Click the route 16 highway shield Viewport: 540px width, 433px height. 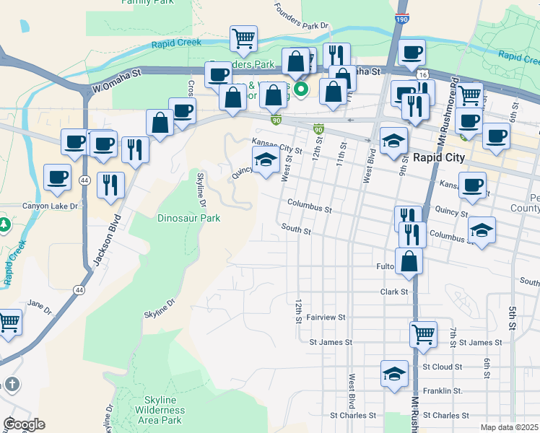click(422, 74)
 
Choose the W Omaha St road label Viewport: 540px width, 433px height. click(116, 80)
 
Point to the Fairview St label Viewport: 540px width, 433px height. click(326, 317)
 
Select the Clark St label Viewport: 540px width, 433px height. click(394, 292)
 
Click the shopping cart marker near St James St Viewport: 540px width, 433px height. click(423, 333)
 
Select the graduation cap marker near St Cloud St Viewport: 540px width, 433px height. click(394, 374)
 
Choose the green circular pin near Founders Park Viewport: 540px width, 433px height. click(304, 89)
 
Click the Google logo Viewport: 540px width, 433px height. click(24, 424)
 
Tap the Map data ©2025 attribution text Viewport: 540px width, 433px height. click(509, 427)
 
